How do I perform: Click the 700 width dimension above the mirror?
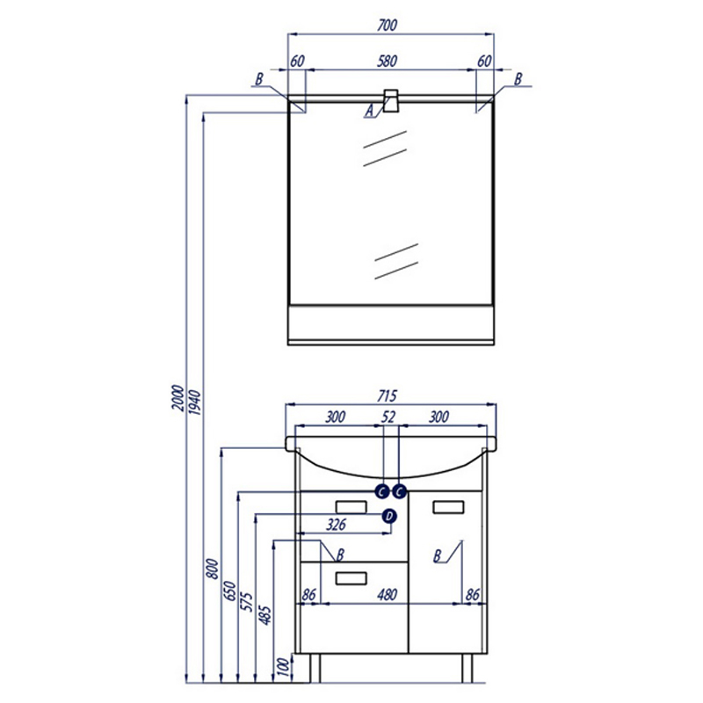pyautogui.click(x=387, y=25)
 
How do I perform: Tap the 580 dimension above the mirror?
pyautogui.click(x=387, y=61)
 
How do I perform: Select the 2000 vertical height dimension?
pyautogui.click(x=178, y=398)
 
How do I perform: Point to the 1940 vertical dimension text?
pyautogui.click(x=195, y=402)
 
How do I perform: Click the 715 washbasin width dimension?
pyautogui.click(x=387, y=396)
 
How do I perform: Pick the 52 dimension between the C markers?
pyautogui.click(x=388, y=417)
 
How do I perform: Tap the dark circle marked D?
pyautogui.click(x=389, y=516)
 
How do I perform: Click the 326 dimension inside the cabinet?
pyautogui.click(x=337, y=524)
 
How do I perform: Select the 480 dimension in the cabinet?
pyautogui.click(x=387, y=595)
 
